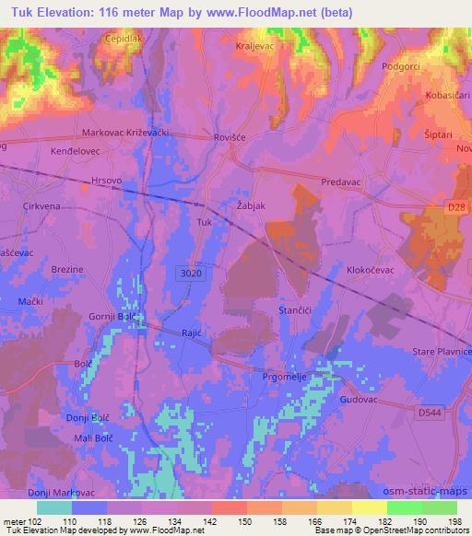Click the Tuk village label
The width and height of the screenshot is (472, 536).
[205, 223]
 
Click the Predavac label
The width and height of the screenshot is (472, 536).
[343, 182]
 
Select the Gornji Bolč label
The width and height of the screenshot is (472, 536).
[110, 317]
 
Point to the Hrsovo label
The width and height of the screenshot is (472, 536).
[107, 181]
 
